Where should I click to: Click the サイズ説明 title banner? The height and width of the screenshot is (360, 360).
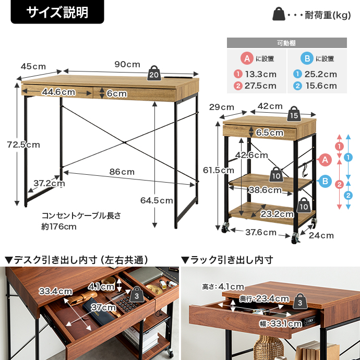tap(57, 12)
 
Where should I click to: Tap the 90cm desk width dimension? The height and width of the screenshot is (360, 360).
tap(127, 64)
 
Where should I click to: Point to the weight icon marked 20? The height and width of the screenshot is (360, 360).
tap(154, 73)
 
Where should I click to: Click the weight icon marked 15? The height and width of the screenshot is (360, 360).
tap(294, 113)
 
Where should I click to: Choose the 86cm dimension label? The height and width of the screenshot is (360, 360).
tap(122, 172)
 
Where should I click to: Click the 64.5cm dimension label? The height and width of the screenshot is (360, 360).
tap(157, 200)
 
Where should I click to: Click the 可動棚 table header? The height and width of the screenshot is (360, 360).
tap(286, 43)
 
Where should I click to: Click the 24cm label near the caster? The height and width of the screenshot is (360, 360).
tap(320, 235)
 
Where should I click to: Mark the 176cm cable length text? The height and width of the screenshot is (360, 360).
tap(59, 226)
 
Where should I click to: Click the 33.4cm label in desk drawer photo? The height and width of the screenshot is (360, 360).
tap(55, 291)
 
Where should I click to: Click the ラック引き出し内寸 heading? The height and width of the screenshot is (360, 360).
tap(227, 259)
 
